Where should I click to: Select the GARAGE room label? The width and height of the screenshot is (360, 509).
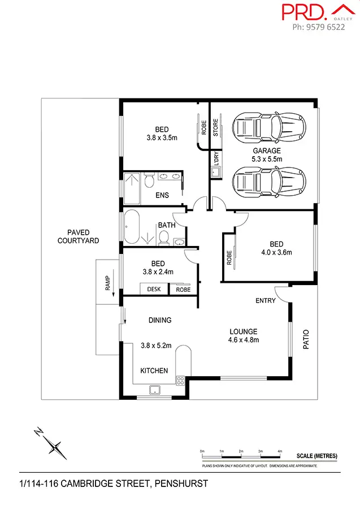(266, 151)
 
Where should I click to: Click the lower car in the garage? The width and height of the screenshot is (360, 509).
(269, 181)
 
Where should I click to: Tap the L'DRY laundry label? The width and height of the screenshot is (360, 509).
(215, 159)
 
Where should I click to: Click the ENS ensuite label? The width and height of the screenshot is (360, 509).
(162, 196)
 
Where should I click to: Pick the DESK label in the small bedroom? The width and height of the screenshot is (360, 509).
(154, 290)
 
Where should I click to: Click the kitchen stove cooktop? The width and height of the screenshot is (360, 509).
(180, 381)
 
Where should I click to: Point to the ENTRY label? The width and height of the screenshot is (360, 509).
(265, 300)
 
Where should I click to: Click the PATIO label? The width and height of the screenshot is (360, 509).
(307, 339)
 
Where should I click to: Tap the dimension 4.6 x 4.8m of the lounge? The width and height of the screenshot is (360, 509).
(244, 340)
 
